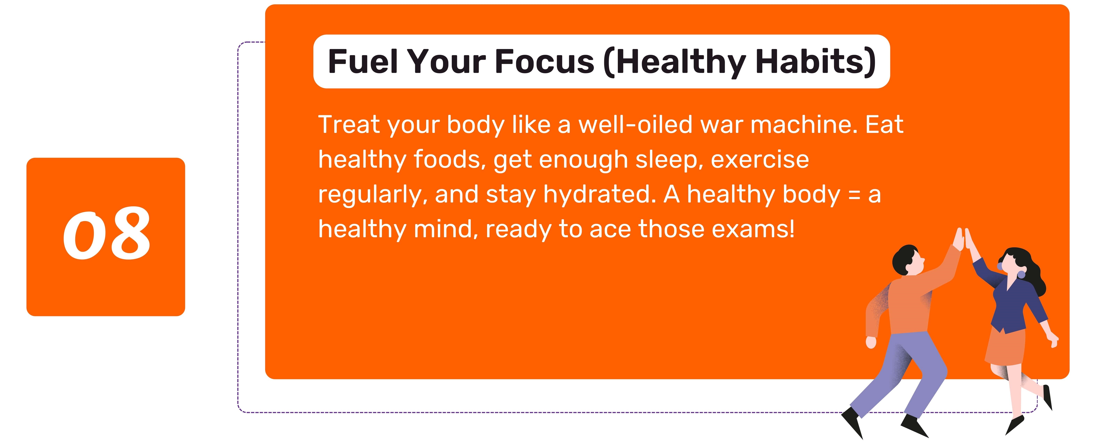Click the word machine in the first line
[x=804, y=125]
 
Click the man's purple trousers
[x=900, y=372]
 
